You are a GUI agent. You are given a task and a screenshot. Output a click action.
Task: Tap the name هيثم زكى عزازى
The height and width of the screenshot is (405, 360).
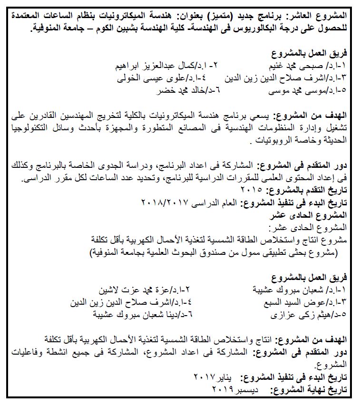pyautogui.click(x=292, y=315)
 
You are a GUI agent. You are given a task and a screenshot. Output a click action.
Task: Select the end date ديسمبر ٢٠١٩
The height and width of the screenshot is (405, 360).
pyautogui.click(x=234, y=390)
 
